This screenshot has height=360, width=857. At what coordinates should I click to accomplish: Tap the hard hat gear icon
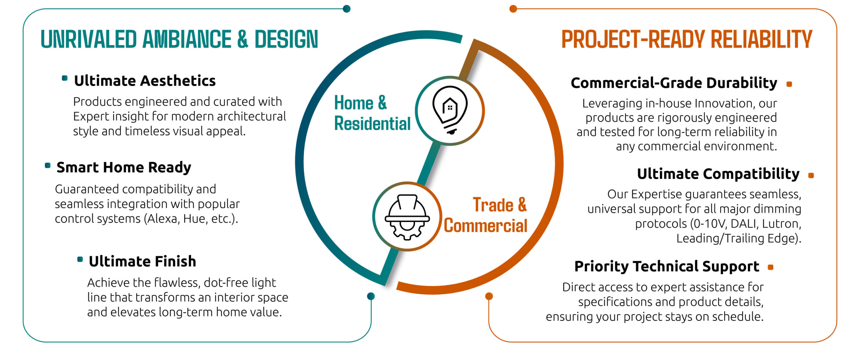click(407, 217)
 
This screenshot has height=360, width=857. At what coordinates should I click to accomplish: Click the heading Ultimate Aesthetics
click(145, 81)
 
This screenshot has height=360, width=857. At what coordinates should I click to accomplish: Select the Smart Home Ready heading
click(124, 167)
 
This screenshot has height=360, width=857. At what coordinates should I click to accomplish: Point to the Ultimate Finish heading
click(142, 261)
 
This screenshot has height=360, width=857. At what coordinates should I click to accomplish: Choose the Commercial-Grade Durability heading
click(674, 83)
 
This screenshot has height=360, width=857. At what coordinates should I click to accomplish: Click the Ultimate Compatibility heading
click(718, 174)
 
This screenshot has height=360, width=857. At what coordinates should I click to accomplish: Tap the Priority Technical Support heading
click(667, 267)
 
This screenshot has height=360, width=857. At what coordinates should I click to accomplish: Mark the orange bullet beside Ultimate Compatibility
click(811, 175)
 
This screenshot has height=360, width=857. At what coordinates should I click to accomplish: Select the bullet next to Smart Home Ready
click(48, 165)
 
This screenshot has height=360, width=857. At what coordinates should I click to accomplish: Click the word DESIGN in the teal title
click(286, 39)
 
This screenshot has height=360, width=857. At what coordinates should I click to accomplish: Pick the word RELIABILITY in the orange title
click(762, 39)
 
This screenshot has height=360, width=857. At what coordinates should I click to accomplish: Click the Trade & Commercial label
click(486, 215)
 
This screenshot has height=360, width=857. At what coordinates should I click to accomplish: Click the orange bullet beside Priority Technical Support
click(770, 267)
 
